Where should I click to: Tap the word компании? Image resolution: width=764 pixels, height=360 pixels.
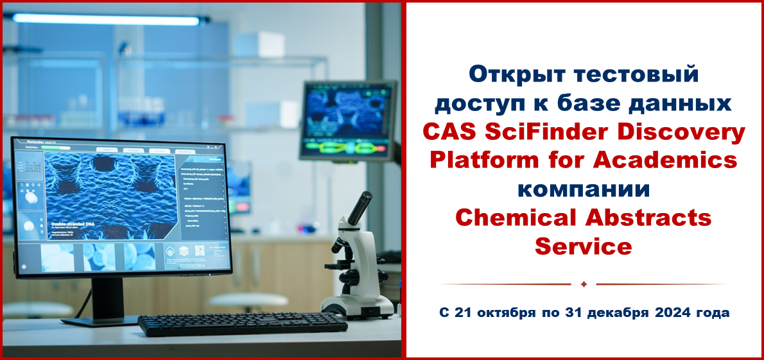tap(584, 189)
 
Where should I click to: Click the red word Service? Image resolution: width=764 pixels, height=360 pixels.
tap(584, 246)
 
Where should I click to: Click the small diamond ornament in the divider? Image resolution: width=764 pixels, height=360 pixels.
tap(584, 284)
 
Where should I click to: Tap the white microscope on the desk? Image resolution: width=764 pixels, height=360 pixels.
tap(360, 270)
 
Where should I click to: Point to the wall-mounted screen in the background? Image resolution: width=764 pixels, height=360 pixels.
tap(347, 120)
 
